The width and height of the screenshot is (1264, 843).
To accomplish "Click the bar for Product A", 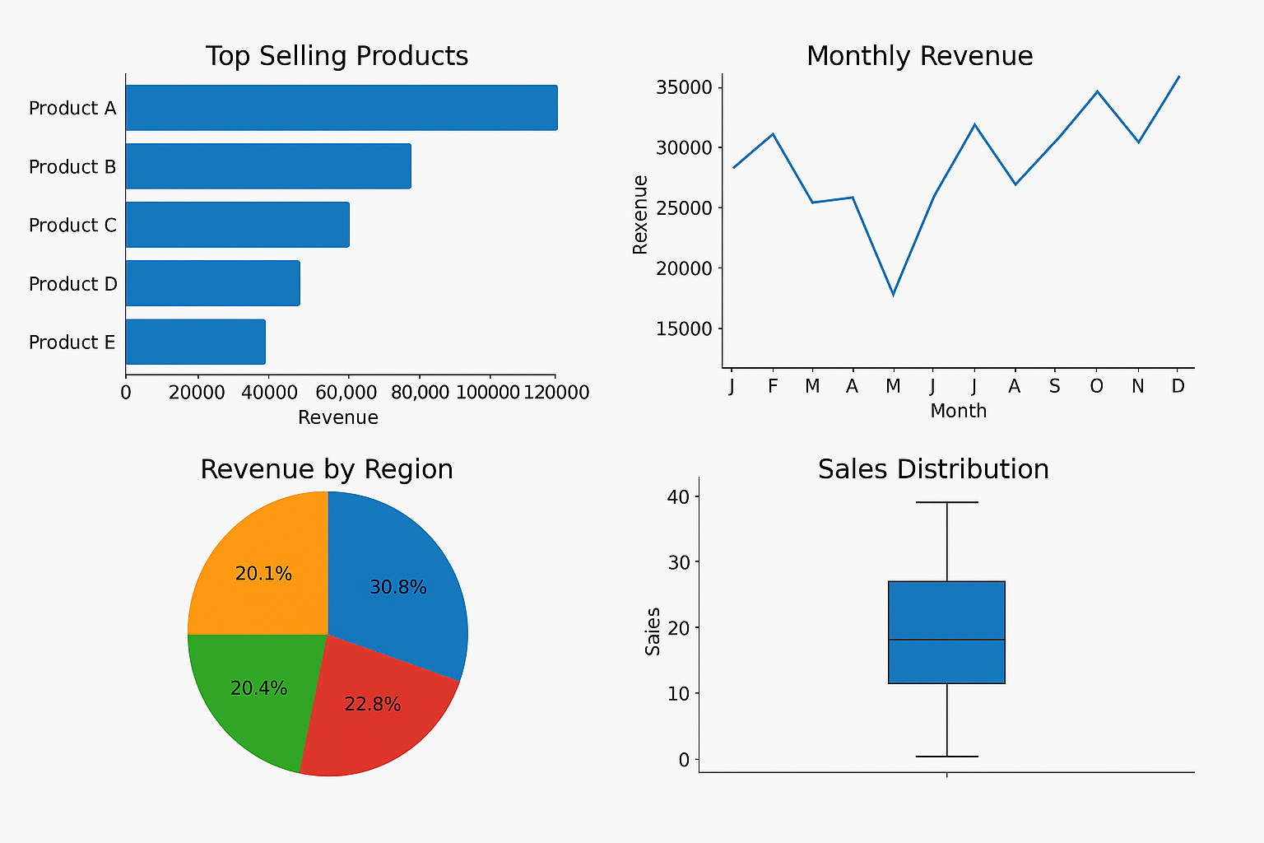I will click(x=341, y=108).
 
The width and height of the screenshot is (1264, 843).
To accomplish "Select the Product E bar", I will click(x=195, y=342).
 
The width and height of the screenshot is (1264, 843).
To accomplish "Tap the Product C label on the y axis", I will click(x=72, y=226).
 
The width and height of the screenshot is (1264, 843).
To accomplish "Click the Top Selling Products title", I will click(x=337, y=56).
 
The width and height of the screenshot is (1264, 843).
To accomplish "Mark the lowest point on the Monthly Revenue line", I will click(x=893, y=295).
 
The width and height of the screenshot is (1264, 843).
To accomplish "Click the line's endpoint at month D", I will click(x=1179, y=77).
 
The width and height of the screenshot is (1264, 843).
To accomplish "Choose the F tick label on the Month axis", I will click(x=772, y=386).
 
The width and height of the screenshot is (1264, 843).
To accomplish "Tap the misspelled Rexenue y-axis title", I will click(x=640, y=214).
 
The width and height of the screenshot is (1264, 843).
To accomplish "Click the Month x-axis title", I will click(x=958, y=411).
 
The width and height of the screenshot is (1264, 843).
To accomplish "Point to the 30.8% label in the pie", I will click(x=397, y=588).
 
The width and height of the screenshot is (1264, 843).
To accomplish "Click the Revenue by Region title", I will click(x=327, y=469).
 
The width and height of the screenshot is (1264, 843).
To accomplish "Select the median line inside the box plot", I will click(x=946, y=640).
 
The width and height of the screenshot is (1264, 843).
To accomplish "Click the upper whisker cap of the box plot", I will click(x=946, y=502).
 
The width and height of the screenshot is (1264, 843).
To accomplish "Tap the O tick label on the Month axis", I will click(x=1096, y=386).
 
